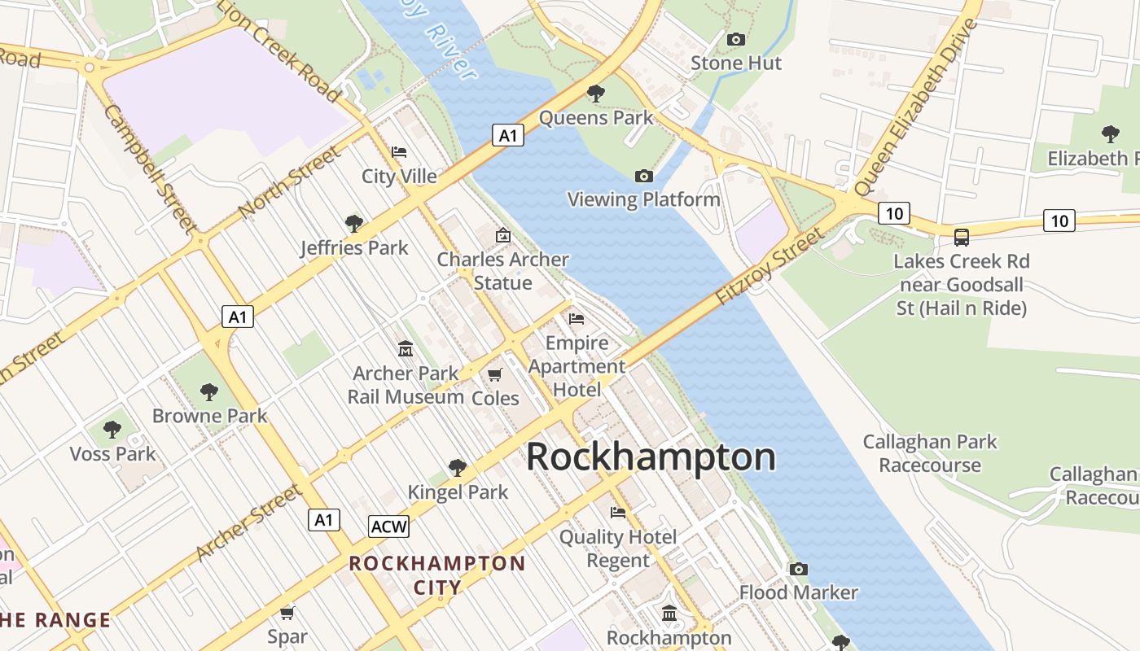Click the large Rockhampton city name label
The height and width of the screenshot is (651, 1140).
click(x=651, y=457)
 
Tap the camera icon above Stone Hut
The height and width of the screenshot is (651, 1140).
click(x=735, y=39)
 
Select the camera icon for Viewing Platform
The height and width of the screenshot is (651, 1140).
click(x=643, y=176)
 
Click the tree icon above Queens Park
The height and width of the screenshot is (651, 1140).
click(x=596, y=94)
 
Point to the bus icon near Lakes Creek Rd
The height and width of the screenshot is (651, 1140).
click(x=962, y=237)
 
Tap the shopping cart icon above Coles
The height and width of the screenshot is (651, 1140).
click(x=494, y=374)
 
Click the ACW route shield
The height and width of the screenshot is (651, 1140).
click(x=388, y=526)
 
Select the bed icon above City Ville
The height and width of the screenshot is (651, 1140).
click(x=399, y=152)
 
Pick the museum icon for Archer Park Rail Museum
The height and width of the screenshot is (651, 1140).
click(x=405, y=349)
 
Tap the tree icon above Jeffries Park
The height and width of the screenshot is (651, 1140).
click(x=353, y=223)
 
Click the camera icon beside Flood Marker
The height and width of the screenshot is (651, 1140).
click(x=798, y=569)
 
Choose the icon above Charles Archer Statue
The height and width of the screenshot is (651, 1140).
click(x=503, y=236)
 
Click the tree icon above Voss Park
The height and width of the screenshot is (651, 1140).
click(x=112, y=429)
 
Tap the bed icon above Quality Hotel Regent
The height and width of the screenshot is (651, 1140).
click(x=618, y=513)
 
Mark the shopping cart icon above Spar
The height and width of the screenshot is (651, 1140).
click(x=287, y=613)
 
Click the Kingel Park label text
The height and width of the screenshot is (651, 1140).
click(x=458, y=492)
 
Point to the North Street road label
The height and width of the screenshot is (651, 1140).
click(x=288, y=182)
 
